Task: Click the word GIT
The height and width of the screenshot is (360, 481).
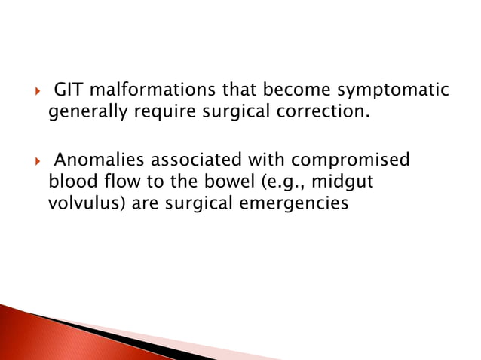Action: point(69,92)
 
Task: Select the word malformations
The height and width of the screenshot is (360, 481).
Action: point(146,92)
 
